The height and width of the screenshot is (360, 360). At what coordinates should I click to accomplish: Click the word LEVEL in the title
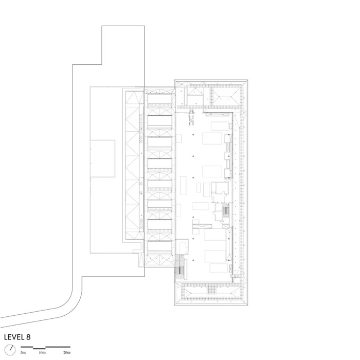pyautogui.click(x=14, y=337)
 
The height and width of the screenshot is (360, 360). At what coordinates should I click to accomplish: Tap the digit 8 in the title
pyautogui.click(x=28, y=337)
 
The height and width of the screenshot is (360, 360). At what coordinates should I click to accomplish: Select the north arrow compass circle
pyautogui.click(x=10, y=350)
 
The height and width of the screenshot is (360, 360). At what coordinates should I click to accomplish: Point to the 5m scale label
pyautogui.click(x=23, y=352)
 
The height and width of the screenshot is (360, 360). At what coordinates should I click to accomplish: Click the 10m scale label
pyautogui.click(x=42, y=352)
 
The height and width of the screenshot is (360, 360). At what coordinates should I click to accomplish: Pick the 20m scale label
pyautogui.click(x=67, y=352)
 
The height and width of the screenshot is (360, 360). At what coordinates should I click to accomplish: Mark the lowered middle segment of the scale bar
pyautogui.click(x=39, y=349)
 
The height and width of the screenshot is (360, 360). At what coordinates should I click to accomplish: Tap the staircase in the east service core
pyautogui.click(x=226, y=210)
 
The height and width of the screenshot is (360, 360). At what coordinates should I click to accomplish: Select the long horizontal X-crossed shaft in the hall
pyautogui.click(x=202, y=226)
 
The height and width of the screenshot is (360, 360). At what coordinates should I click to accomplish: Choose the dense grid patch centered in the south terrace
pyautogui.click(x=211, y=291)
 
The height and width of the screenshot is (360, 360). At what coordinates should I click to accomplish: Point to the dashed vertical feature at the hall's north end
pyautogui.click(x=191, y=118)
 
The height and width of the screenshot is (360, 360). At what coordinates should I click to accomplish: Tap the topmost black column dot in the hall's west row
pyautogui.click(x=193, y=134)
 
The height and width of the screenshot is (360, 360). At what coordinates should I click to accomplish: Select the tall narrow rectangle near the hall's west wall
pyautogui.click(x=183, y=185)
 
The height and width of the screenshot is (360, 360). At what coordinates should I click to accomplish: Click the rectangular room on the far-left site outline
pyautogui.click(x=103, y=158)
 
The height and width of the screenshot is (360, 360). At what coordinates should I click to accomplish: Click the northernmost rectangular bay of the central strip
pyautogui.click(x=159, y=99)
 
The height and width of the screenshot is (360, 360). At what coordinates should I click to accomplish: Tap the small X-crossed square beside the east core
pyautogui.click(x=226, y=226)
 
